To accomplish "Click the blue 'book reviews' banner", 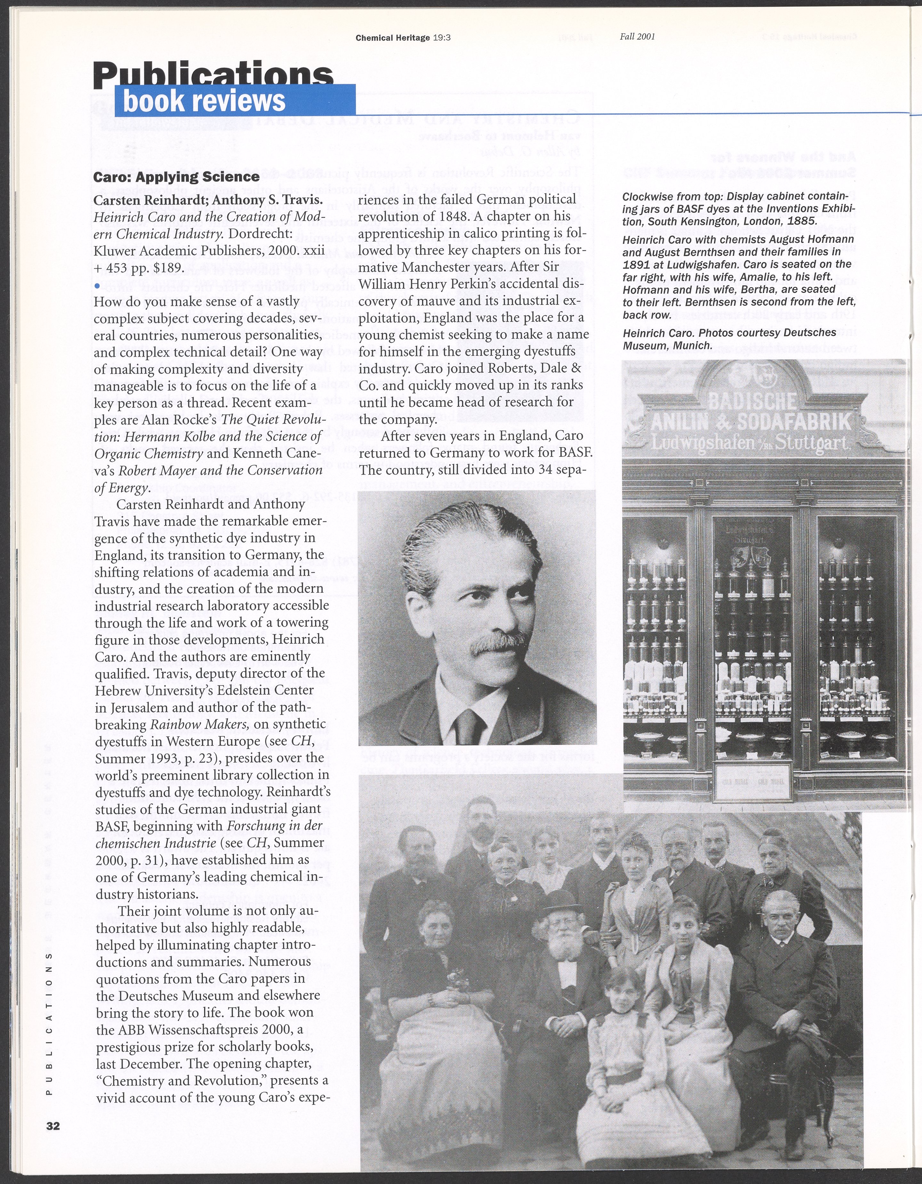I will click(234, 101).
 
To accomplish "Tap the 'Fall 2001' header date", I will click(637, 37).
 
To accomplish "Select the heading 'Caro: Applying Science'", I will click(176, 177).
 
